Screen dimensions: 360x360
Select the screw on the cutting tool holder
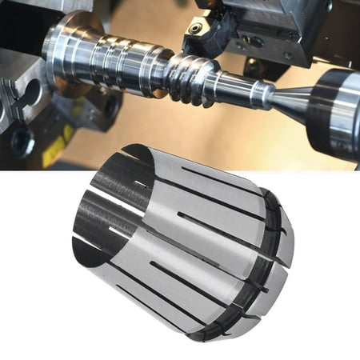coord(194,29)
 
